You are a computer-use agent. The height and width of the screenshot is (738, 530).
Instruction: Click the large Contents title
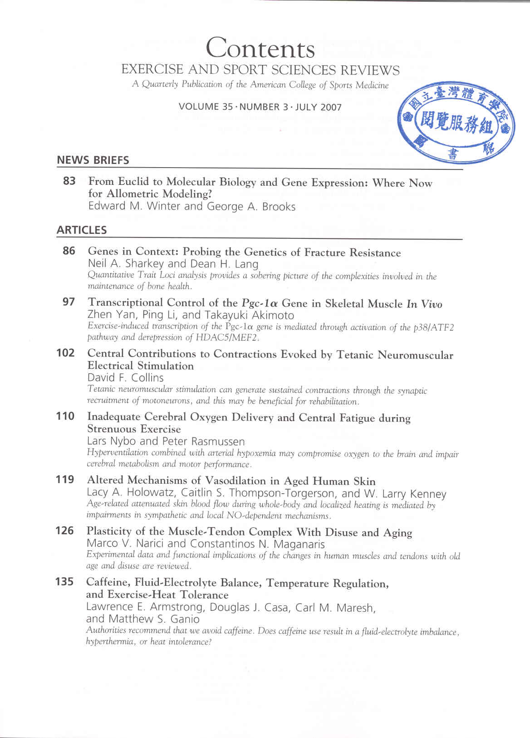260,48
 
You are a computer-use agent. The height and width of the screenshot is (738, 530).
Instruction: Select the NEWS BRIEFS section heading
93,160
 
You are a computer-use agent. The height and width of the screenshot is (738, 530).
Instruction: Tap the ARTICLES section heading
82,230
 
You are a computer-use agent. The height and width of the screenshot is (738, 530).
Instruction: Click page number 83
69,181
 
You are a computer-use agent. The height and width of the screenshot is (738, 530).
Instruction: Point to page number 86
69,250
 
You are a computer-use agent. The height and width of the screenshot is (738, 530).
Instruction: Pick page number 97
69,302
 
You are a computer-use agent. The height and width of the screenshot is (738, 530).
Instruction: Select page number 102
65,352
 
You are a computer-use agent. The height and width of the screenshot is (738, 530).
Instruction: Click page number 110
65,416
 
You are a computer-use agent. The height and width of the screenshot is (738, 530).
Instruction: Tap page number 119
65,479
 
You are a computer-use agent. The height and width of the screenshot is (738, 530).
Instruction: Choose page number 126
65,530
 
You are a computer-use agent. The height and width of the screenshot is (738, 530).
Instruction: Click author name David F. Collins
125,377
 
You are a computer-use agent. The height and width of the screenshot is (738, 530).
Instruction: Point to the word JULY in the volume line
307,107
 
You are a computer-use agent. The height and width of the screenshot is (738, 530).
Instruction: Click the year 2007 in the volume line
331,107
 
